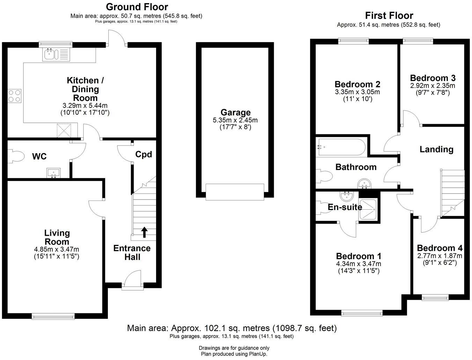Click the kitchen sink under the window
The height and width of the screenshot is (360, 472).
click(56, 54)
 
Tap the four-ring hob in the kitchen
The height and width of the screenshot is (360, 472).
click(15, 96)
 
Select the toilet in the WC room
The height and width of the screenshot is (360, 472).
click(16, 156)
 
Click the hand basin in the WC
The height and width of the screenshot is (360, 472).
click(53, 173)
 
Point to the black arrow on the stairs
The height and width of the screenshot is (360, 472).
click(144, 232)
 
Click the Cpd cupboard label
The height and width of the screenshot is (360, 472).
click(143, 154)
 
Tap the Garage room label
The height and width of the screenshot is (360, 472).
click(235, 112)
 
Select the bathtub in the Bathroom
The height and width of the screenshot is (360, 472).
click(342, 147)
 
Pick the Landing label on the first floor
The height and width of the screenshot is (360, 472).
click(436, 149)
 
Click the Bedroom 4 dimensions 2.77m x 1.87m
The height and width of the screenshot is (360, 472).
click(440, 256)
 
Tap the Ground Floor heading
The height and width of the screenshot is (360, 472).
click(137, 7)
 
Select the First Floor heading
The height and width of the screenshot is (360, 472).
click(389, 15)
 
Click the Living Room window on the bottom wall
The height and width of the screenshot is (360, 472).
click(53, 316)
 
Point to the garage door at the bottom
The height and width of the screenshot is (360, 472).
click(235, 192)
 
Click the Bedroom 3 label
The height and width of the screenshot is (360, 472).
click(433, 78)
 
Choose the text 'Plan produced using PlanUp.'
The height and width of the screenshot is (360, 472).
click(234, 354)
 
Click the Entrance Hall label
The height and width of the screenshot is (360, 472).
click(132, 253)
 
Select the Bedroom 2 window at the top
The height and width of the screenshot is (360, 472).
click(353, 41)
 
